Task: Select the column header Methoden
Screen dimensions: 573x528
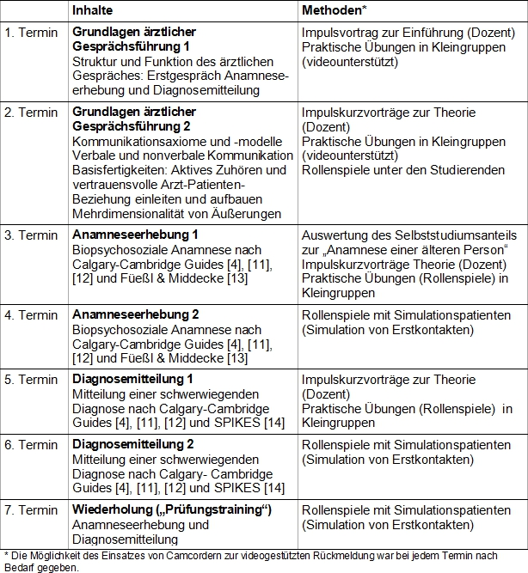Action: click(332, 9)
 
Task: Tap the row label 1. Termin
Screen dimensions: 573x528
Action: click(31, 32)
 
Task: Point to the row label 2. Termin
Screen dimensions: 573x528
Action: click(31, 113)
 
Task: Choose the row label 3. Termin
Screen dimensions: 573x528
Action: click(31, 235)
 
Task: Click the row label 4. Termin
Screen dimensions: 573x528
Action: click(31, 315)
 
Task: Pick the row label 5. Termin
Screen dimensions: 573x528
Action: click(31, 379)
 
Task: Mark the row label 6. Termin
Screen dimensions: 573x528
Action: click(31, 444)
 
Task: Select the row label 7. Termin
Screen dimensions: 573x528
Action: click(31, 509)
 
